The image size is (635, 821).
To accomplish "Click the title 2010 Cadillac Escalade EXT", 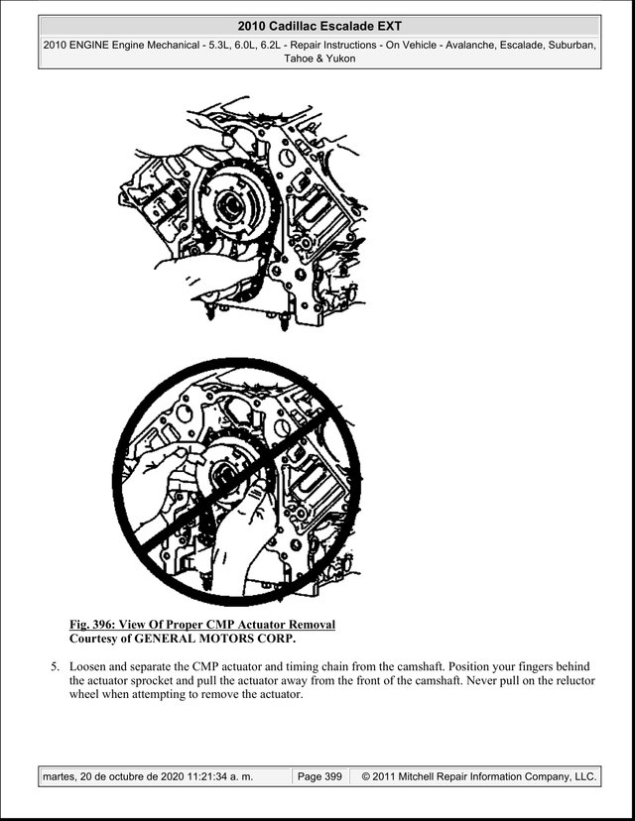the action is tap(319, 26).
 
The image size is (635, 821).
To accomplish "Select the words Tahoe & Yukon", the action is tap(319, 59).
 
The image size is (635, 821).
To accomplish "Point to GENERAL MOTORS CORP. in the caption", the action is tap(215, 639).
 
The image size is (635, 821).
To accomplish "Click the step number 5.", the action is tap(55, 667).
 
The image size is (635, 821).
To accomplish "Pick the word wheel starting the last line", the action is tap(83, 695).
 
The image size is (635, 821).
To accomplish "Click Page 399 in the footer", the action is tap(319, 776).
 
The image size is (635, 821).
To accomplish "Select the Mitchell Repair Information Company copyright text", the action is tap(479, 776).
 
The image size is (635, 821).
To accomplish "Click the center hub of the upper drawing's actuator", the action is tap(229, 202).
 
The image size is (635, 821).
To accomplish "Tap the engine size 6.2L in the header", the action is tap(272, 45).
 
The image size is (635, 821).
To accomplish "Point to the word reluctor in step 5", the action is tap(575, 681).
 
